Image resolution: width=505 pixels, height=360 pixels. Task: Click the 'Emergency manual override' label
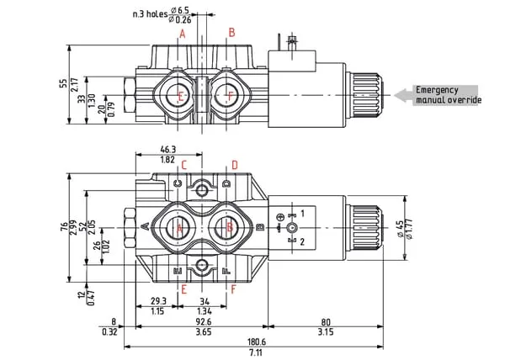[448, 95]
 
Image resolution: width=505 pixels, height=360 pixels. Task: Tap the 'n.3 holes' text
[152, 13]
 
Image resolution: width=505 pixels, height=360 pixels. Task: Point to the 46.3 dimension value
[167, 149]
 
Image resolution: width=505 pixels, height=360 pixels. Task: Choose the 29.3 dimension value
[158, 300]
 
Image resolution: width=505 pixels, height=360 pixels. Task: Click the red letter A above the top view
[182, 33]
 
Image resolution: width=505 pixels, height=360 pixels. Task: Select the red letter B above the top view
[231, 33]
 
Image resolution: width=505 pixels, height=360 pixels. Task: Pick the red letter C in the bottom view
[183, 165]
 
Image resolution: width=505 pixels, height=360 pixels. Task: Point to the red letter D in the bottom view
[235, 165]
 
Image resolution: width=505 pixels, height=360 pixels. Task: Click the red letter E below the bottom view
[183, 289]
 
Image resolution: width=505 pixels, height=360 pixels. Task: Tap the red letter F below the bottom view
[233, 289]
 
